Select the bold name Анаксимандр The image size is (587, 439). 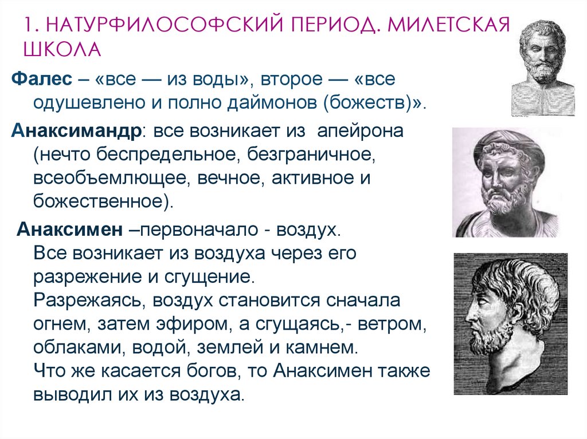[76, 130]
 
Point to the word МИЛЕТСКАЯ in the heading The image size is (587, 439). [447, 26]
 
